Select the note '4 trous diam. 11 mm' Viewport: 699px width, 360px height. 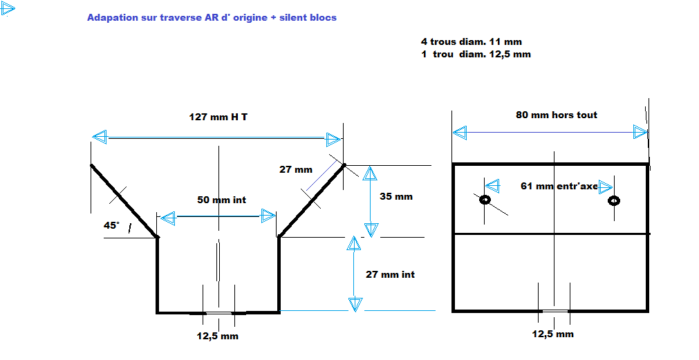(472, 42)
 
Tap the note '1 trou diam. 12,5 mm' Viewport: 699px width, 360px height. (476, 55)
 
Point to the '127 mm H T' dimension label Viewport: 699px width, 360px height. (218, 117)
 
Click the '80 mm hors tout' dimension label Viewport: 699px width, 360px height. (557, 115)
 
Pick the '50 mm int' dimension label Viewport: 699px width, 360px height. (221, 200)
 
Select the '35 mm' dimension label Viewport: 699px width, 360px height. (396, 196)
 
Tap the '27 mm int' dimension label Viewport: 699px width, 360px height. (390, 274)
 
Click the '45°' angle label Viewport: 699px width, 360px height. (112, 225)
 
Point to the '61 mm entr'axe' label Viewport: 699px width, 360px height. (559, 187)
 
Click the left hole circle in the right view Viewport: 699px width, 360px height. (485, 200)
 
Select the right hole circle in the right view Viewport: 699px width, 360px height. (614, 201)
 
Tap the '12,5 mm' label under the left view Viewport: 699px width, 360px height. (218, 337)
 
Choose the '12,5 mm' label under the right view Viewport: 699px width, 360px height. (553, 334)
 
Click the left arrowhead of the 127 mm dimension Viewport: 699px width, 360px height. (100, 137)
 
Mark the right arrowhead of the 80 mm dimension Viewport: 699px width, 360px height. (641, 132)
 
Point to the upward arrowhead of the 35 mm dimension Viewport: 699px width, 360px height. (370, 173)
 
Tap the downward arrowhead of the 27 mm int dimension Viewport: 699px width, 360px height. (355, 304)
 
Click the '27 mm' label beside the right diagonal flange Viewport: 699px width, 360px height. (295, 170)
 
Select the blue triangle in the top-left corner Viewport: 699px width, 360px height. (8, 8)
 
